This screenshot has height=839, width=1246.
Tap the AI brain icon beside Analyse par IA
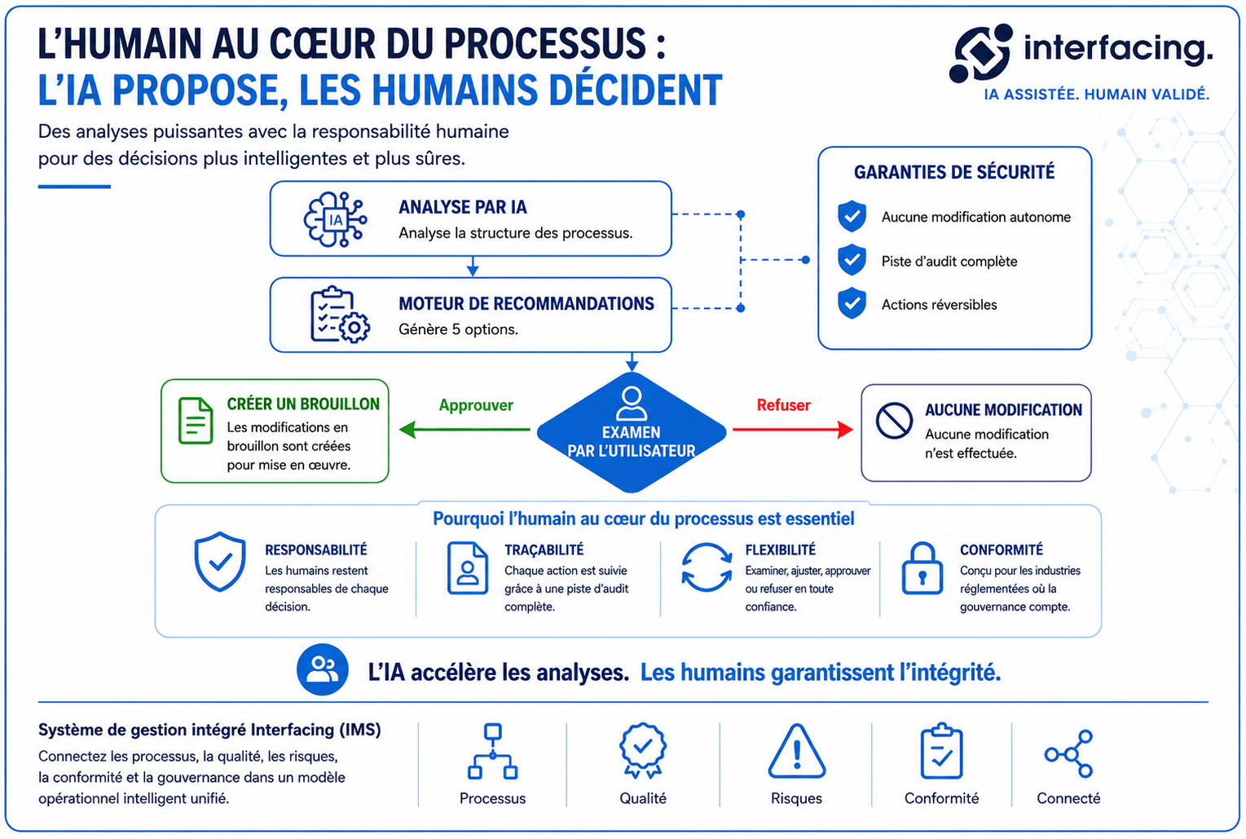click(335, 219)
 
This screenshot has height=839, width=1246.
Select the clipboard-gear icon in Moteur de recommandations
click(339, 315)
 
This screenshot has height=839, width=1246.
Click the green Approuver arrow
click(464, 429)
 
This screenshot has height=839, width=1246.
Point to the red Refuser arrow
click(793, 429)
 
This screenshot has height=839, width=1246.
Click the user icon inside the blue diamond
click(632, 403)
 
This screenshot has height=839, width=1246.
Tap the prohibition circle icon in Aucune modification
click(894, 421)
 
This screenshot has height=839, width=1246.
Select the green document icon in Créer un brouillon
click(196, 421)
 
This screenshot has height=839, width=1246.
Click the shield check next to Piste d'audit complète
click(852, 259)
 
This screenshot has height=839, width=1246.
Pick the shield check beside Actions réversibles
click(852, 302)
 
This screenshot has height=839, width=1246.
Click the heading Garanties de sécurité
click(954, 172)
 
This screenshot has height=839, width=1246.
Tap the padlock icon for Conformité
click(922, 568)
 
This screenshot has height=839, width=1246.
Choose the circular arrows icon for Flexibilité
click(707, 567)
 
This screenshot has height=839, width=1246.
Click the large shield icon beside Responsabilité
click(220, 561)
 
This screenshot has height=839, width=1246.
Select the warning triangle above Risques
click(796, 751)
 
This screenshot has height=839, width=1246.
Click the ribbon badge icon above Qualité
click(642, 750)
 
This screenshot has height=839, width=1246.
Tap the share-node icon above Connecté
click(1068, 753)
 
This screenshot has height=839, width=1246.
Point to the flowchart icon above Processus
click(492, 751)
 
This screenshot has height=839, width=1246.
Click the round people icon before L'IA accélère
click(323, 669)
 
